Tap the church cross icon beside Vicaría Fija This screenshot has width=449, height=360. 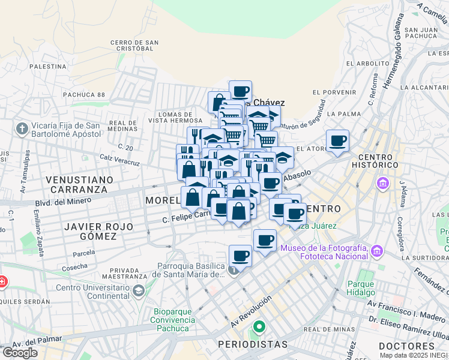22,129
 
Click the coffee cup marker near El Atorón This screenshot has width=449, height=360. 337,141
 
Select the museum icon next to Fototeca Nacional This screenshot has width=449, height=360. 376,250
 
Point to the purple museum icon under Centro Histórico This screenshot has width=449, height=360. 382,182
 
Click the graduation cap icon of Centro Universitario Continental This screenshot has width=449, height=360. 139,291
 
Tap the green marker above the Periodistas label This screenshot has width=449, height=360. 259,328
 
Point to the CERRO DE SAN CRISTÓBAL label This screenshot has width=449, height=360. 134,46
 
